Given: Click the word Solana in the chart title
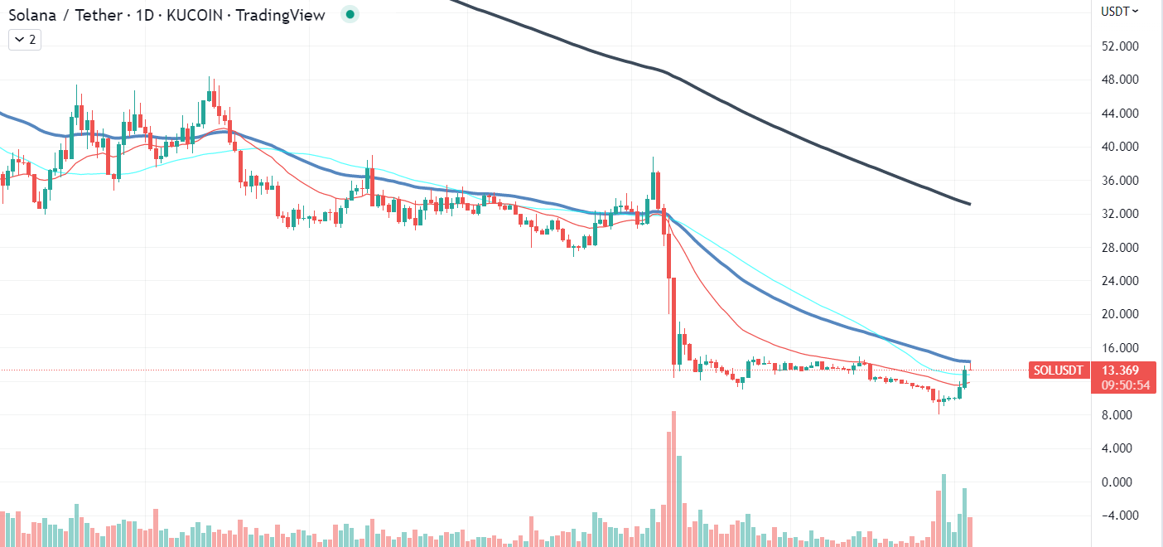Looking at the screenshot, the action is tap(32, 15).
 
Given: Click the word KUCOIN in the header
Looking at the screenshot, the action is tap(194, 15).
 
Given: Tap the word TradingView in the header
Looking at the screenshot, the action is tap(280, 15).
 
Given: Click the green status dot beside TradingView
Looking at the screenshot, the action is tap(350, 15).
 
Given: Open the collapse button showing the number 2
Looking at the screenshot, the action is tap(25, 40).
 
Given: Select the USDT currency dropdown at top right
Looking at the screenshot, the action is tap(1119, 12).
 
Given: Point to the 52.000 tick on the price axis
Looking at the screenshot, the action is tap(1120, 46).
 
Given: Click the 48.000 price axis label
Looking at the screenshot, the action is tap(1120, 80).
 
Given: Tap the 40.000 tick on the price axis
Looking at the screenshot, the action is tap(1120, 147).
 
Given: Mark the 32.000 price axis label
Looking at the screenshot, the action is tap(1120, 214).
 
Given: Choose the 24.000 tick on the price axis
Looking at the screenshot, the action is tap(1120, 280).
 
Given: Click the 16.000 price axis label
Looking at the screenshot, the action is tap(1120, 347).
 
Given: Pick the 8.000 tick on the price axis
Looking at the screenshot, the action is tap(1117, 415).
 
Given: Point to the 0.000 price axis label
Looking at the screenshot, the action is tap(1117, 482).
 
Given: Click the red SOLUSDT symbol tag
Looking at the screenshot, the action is tap(1059, 370).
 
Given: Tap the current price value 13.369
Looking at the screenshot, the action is tap(1120, 370).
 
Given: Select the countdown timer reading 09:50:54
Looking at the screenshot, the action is tap(1125, 385).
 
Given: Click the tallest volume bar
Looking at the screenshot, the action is tap(673, 479).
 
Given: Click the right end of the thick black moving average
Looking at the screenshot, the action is tap(970, 204).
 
